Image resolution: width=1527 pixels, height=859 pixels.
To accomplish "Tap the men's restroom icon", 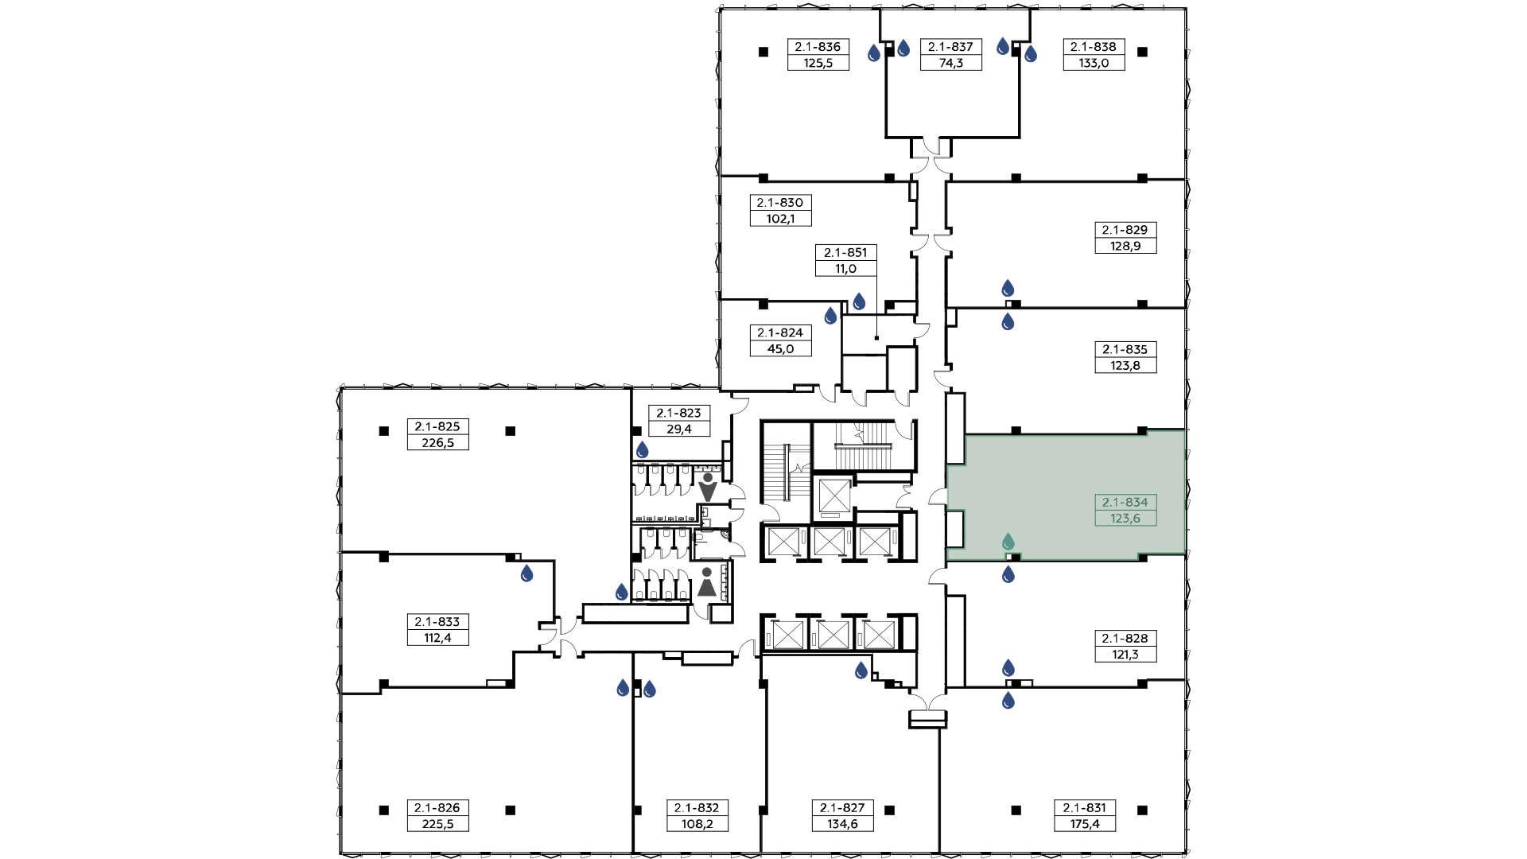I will click(x=708, y=488).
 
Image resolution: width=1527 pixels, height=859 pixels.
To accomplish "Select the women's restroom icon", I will click(x=707, y=582).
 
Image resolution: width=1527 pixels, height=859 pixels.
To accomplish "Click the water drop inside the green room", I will click(x=1008, y=542).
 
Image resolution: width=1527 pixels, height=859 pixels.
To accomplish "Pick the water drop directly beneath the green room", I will click(x=1008, y=574).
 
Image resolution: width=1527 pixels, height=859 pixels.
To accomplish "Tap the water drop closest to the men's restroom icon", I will click(x=643, y=451).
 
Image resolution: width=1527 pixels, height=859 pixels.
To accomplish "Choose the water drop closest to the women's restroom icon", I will click(x=622, y=593).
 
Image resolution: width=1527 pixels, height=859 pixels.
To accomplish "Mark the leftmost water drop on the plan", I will click(x=526, y=573).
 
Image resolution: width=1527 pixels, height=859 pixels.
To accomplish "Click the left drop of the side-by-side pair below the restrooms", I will click(x=624, y=688).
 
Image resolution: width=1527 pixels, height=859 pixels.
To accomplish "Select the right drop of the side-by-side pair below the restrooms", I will click(x=650, y=689).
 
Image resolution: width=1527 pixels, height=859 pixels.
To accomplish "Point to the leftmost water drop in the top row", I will click(x=874, y=53).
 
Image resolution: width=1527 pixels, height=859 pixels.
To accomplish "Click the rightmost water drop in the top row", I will click(x=1031, y=54).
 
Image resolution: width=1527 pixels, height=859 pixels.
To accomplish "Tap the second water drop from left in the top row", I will click(x=903, y=49).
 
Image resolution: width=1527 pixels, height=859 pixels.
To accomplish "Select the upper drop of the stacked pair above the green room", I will click(x=1008, y=288).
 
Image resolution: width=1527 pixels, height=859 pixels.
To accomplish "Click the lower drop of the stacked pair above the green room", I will click(x=1008, y=322).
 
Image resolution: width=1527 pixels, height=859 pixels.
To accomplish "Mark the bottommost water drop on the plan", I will click(x=1008, y=701).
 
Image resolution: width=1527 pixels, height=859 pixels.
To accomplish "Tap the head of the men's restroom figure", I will click(x=708, y=477).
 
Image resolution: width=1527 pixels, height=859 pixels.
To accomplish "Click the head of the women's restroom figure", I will click(x=707, y=572).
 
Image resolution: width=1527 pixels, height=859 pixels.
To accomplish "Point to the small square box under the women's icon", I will click(x=721, y=613).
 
